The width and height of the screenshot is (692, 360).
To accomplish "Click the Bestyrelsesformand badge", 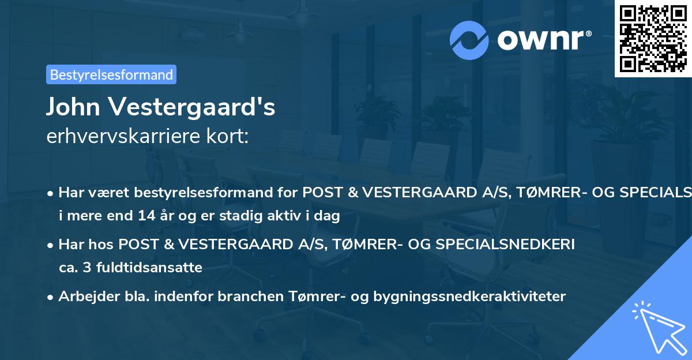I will point(111,74).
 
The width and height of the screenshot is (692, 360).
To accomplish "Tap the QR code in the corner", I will point(653,38).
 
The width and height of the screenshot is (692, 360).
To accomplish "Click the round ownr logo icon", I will point(469,40).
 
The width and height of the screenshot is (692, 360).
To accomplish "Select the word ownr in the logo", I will point(544,40).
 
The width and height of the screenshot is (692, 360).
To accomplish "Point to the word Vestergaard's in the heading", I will point(195,107).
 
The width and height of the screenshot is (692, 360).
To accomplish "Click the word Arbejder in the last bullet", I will point(85,297).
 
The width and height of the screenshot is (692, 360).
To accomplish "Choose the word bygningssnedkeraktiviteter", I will point(469,297).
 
